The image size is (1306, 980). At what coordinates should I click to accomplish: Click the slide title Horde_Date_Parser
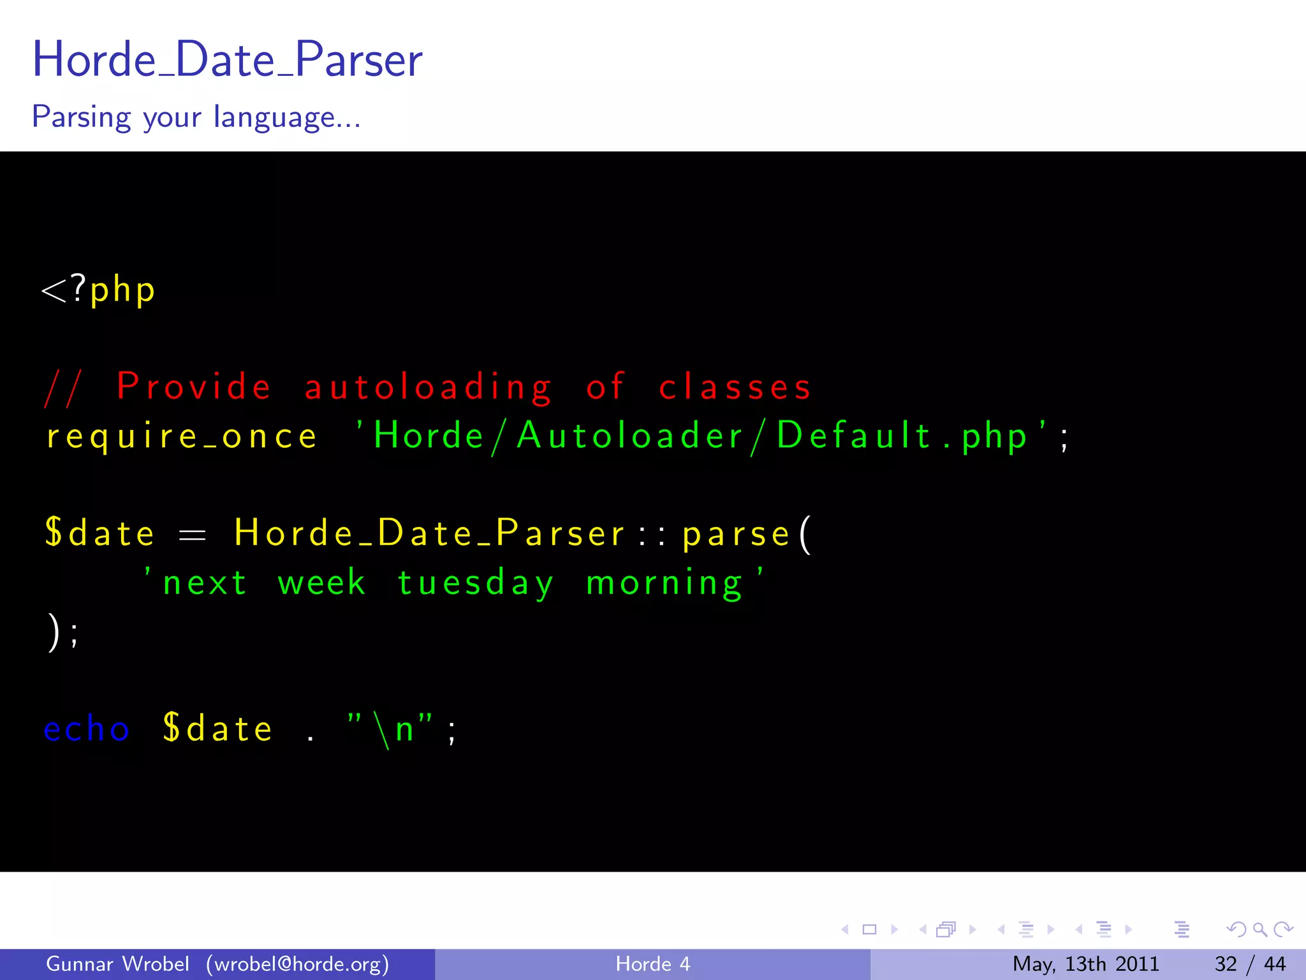tap(227, 59)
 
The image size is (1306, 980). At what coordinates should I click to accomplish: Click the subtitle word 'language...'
tap(287, 117)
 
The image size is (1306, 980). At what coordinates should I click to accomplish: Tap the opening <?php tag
tap(98, 290)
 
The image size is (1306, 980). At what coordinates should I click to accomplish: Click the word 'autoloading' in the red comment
tap(427, 387)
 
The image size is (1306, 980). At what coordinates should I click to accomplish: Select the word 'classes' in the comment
tap(735, 387)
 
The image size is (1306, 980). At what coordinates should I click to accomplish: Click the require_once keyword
tap(182, 437)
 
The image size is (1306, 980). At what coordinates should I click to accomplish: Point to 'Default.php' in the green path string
tap(902, 436)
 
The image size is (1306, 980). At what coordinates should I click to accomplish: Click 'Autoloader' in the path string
tap(630, 436)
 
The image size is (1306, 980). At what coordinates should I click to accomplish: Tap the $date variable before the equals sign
tap(99, 533)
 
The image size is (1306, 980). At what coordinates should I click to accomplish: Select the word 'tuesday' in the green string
tap(475, 583)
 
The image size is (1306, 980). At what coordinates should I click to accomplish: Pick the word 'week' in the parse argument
tap(322, 583)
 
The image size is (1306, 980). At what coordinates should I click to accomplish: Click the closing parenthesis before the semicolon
tap(54, 632)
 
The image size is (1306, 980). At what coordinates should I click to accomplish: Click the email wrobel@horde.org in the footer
tap(297, 964)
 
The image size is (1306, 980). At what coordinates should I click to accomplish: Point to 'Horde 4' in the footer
tap(652, 964)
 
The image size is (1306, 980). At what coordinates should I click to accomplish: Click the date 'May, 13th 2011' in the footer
tap(1085, 964)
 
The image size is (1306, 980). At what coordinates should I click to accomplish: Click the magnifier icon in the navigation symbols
tap(1259, 930)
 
